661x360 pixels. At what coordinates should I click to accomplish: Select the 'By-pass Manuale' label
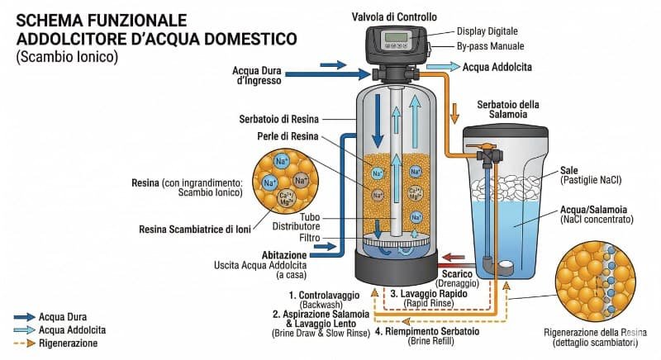489,47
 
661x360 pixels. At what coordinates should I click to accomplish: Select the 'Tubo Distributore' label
297,222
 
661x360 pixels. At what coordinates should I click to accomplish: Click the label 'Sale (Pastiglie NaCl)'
591,174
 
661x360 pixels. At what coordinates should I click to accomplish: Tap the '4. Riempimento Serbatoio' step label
437,331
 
